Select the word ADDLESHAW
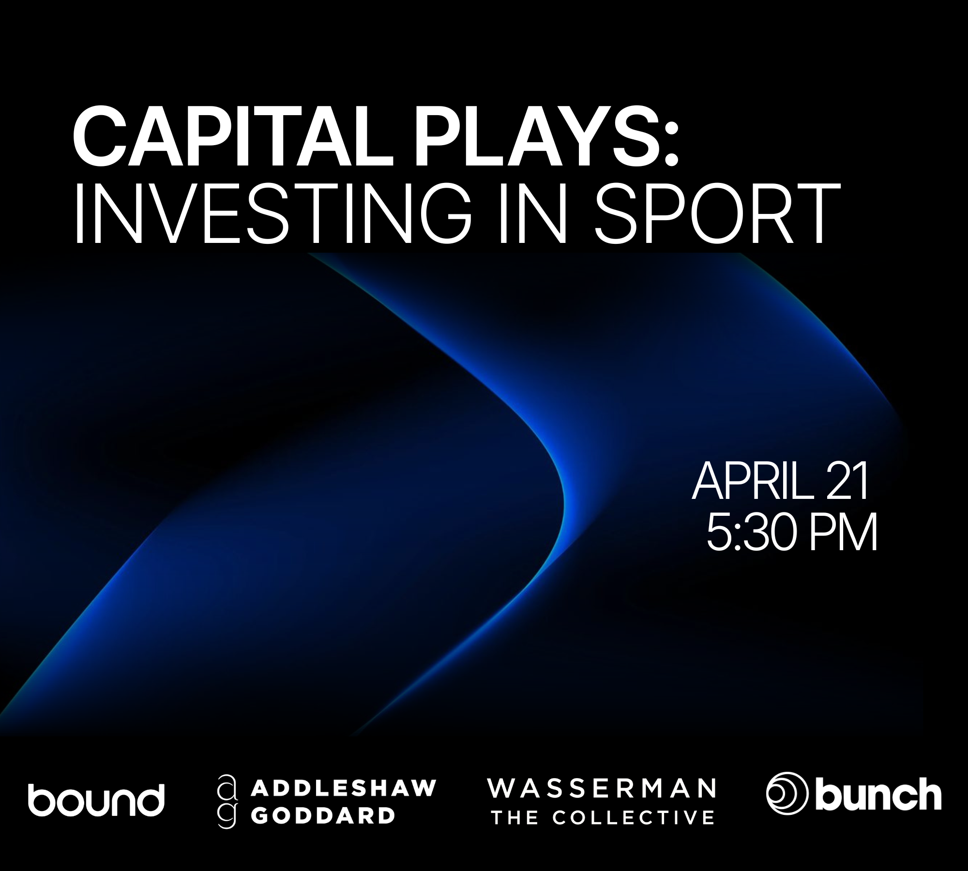pos(344,788)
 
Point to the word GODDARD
pos(323,816)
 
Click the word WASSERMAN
pos(602,788)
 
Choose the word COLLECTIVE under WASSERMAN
pos(634,818)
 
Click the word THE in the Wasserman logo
pos(514,818)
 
